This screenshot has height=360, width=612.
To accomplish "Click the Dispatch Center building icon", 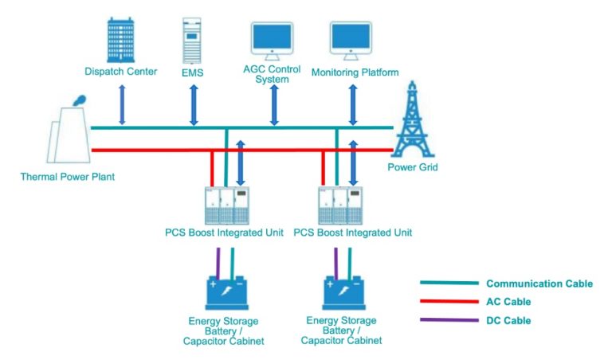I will point(121,37).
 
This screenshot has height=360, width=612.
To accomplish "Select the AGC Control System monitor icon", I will point(272,40).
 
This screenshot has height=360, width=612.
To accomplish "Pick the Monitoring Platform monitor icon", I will point(351,40).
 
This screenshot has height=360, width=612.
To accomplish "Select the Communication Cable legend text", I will point(539,284).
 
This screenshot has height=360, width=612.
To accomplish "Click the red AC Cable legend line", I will point(447,302).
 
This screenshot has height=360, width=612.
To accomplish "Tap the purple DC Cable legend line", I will point(447,320).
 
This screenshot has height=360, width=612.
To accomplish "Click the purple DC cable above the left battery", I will point(218,263).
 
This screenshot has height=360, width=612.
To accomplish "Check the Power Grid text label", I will point(412,167).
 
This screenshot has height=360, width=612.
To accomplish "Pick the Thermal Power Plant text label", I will point(67,176).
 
